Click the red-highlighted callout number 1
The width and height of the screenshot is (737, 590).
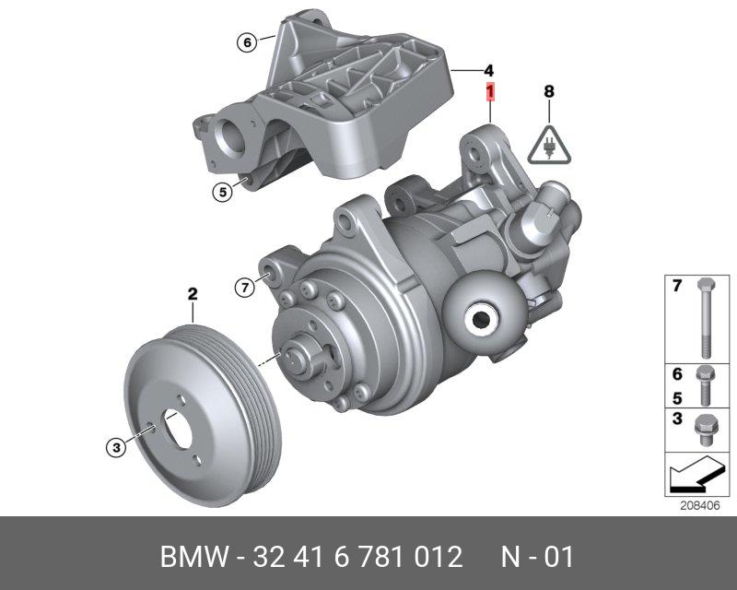point(490,92)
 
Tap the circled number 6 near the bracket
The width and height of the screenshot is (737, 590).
point(247,42)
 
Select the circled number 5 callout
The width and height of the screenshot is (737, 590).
point(222,192)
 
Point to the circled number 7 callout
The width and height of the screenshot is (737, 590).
point(244,287)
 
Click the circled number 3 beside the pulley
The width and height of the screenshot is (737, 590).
point(116,446)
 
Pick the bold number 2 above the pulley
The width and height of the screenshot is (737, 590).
point(193,294)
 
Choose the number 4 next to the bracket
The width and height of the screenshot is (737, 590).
point(489,71)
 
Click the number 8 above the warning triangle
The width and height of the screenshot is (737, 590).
point(549,91)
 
